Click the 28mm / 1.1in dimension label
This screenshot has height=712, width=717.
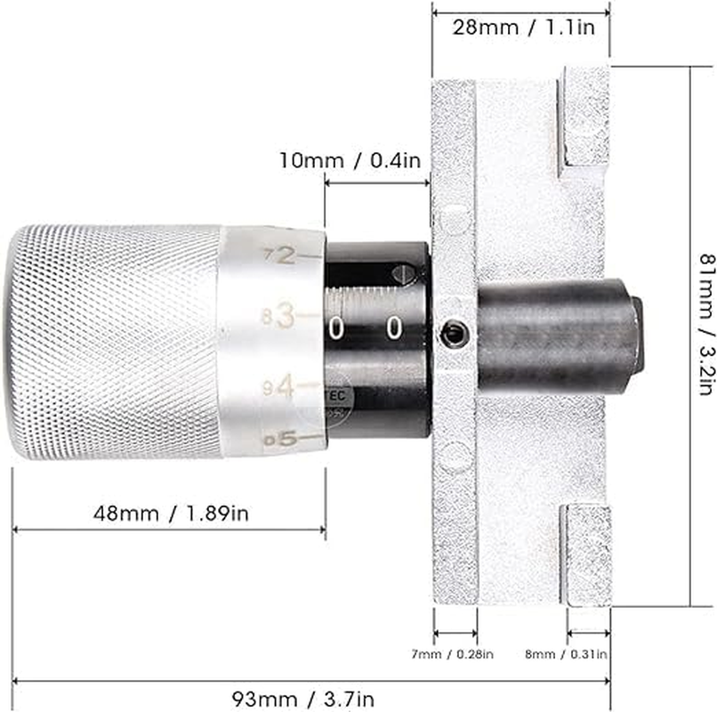point(521,27)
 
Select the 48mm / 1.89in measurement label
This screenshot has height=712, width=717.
point(170,514)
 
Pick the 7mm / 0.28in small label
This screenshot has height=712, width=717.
point(455,655)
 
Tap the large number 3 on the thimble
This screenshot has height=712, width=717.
point(284,315)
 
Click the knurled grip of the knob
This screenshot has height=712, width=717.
point(116,343)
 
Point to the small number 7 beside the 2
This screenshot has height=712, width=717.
point(269,256)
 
